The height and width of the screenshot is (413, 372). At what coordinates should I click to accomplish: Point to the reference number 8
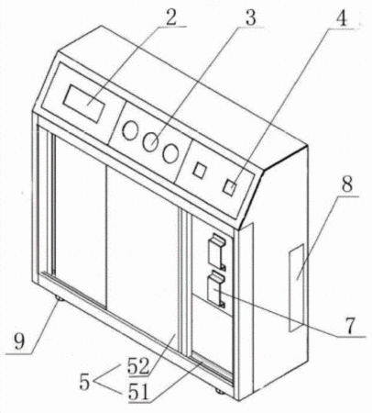tap(346, 184)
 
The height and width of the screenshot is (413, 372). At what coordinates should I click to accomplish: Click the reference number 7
tap(350, 326)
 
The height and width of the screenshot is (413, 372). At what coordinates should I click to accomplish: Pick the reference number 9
tap(19, 341)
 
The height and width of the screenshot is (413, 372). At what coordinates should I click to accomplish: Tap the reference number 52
tap(138, 365)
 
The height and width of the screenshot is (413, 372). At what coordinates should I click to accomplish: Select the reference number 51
tap(138, 392)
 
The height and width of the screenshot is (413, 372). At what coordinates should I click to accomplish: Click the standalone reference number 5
tap(85, 382)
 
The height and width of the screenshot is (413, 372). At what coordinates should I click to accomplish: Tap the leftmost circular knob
tap(130, 130)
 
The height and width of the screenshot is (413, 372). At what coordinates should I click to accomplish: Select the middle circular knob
tap(150, 141)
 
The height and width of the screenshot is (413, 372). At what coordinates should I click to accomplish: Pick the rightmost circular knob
tap(170, 152)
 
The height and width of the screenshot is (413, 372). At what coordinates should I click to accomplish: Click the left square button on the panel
tap(200, 170)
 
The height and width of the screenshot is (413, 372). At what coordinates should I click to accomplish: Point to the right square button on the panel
tap(230, 186)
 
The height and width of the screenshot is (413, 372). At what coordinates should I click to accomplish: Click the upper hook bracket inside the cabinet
tap(217, 251)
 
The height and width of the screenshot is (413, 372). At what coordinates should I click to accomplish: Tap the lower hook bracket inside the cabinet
tap(216, 288)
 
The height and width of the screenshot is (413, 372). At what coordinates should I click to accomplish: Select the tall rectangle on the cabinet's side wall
tap(296, 287)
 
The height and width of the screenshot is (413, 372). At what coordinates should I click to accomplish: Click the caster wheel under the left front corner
tap(59, 298)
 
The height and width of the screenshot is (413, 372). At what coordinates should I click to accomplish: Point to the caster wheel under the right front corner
tap(219, 390)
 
